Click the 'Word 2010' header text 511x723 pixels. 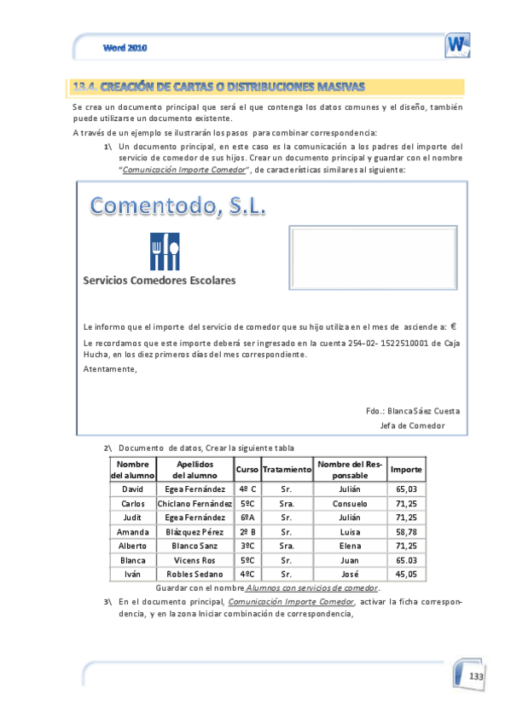coord(125,48)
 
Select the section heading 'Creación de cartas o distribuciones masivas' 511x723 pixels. coord(219,86)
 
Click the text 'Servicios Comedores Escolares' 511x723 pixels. coord(160,280)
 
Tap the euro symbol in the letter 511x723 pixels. coord(454,326)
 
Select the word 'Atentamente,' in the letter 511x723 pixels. coord(109,368)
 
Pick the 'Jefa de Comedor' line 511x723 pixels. coord(412,425)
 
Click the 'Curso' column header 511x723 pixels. coord(247,470)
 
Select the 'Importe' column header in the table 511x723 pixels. coord(406,470)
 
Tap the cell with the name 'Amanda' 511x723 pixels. coord(133,531)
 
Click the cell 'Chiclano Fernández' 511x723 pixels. coord(195,504)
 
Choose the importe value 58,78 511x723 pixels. coord(406,531)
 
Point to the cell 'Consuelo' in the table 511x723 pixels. coord(351,504)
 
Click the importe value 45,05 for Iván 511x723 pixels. coord(406,574)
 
